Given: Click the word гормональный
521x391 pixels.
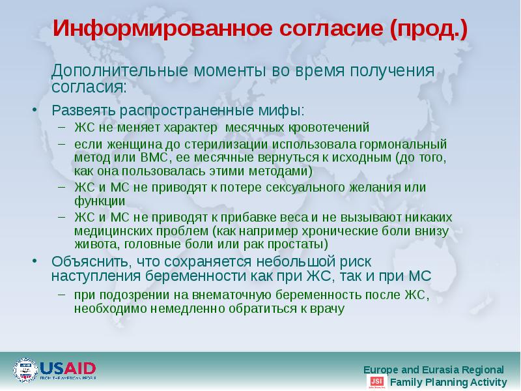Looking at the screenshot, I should pos(404,143).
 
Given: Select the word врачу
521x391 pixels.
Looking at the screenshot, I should pos(327,308).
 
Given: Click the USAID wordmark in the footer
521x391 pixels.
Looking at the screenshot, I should pos(68,368).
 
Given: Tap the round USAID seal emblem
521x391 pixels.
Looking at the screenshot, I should pos(25,370).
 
